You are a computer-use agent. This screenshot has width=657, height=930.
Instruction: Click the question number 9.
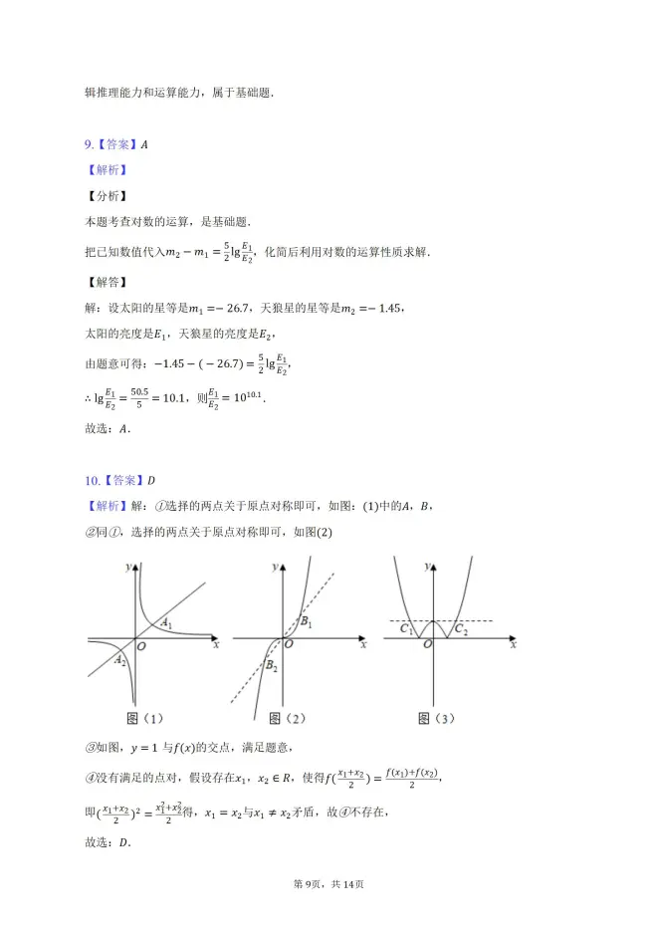tap(89, 144)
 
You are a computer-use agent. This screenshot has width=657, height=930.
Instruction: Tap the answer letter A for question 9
tap(144, 144)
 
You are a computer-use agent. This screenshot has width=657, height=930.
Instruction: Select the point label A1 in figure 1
tap(168, 624)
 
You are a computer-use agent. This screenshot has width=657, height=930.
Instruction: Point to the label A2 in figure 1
tap(119, 659)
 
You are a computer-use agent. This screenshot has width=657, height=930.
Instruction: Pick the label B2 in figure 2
tap(271, 666)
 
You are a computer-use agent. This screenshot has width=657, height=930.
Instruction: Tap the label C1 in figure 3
tap(406, 629)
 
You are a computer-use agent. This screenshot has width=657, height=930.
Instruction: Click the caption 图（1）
tap(145, 718)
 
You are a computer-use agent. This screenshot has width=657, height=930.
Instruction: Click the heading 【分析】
tap(106, 196)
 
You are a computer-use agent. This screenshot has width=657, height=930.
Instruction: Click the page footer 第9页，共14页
tap(328, 883)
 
